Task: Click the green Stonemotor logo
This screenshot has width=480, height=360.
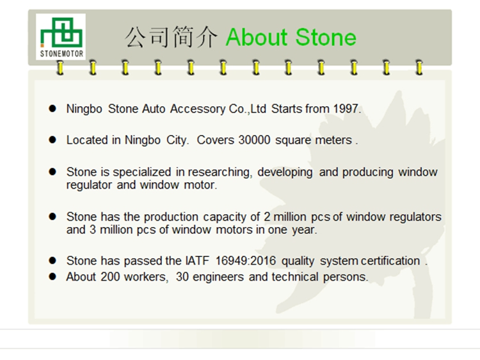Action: click(61, 36)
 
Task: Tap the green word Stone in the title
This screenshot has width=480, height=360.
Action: click(326, 37)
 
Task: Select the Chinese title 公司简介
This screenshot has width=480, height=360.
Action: click(172, 37)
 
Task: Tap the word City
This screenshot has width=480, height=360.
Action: click(177, 141)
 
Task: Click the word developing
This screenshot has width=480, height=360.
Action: click(285, 173)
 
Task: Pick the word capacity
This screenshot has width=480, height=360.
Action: click(225, 217)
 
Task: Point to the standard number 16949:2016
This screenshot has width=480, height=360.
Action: click(246, 261)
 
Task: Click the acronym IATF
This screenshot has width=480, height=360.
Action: click(197, 261)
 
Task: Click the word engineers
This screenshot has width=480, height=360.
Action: click(218, 277)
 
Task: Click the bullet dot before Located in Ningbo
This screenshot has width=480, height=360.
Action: click(52, 140)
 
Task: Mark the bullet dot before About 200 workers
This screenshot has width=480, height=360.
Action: click(52, 276)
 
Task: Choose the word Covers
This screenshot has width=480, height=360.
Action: click(216, 140)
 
